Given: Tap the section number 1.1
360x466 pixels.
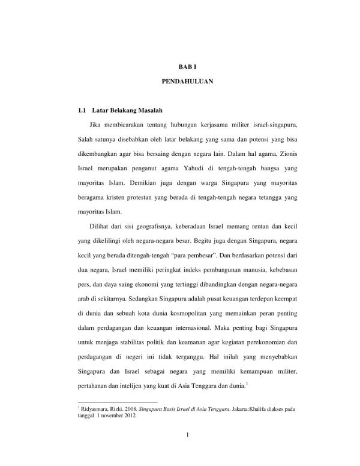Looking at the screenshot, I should click(x=83, y=112).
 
